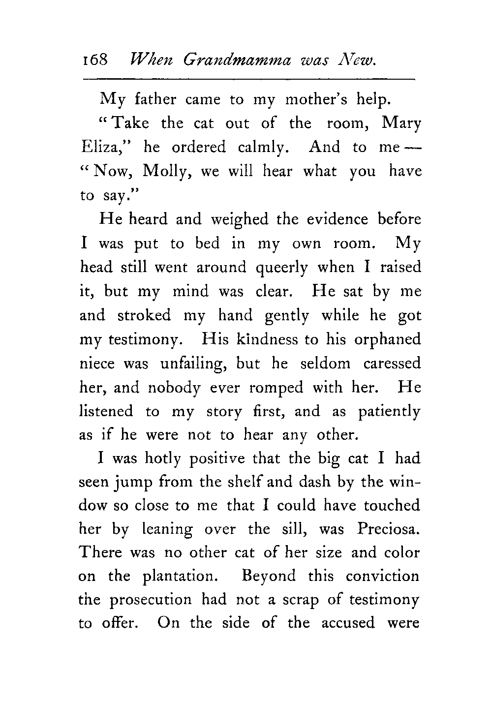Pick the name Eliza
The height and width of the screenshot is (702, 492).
[104, 147]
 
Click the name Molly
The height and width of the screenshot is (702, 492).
[166, 172]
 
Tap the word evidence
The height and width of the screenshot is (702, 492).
[337, 219]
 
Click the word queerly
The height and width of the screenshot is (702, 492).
[282, 268]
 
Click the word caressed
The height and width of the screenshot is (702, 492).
[392, 364]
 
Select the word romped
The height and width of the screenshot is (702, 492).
[276, 388]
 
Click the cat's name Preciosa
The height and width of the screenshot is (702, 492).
[390, 529]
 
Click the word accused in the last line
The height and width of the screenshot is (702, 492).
[348, 623]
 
